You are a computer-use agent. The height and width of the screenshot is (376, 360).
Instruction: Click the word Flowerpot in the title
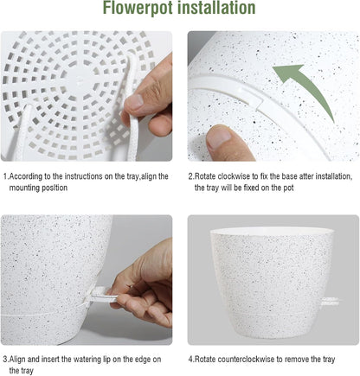[x=143, y=10]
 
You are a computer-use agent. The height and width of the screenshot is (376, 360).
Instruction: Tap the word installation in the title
[x=218, y=10]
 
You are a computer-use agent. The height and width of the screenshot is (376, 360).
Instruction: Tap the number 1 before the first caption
[x=4, y=176]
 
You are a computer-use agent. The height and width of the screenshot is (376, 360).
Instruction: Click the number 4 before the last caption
[x=190, y=358]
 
